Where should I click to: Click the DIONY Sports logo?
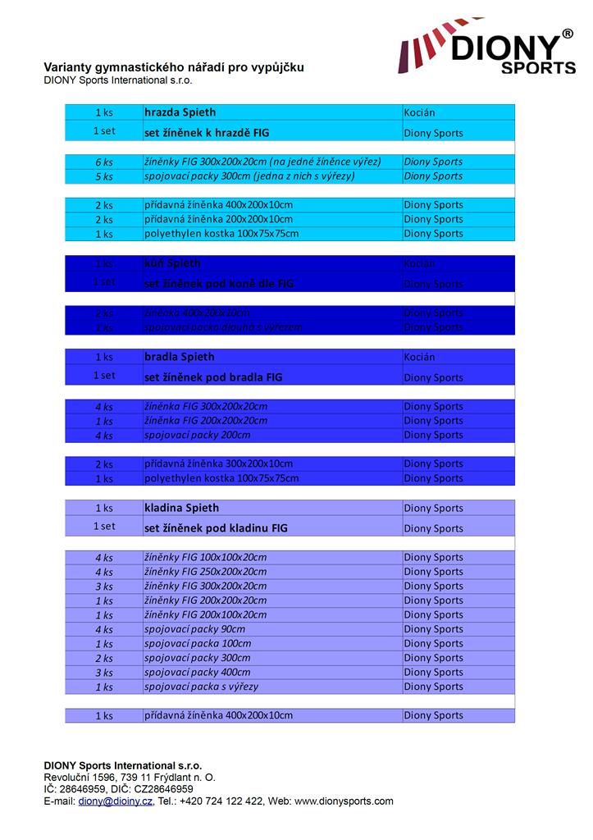(487, 50)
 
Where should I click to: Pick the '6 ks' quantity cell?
(103, 162)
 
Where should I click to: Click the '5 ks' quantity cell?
(103, 176)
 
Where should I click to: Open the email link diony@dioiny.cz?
(116, 801)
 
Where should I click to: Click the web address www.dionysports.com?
(344, 801)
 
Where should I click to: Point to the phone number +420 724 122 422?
(221, 801)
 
